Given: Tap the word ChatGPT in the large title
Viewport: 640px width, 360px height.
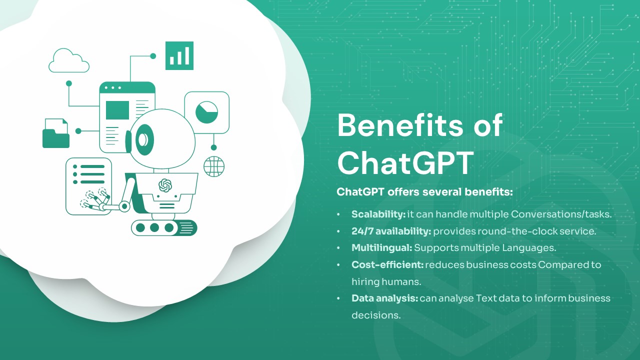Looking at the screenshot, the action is click(x=405, y=162).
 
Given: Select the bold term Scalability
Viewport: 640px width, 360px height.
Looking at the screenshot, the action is click(x=378, y=214).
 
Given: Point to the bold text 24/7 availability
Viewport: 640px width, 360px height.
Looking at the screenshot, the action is click(x=391, y=231).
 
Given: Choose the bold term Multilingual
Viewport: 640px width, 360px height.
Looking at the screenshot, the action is click(x=382, y=248).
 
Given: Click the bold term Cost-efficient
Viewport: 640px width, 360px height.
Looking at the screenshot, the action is click(x=387, y=265).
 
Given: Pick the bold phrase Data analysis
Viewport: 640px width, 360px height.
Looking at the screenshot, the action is click(x=385, y=298).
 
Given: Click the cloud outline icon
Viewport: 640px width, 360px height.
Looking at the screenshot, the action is click(x=69, y=60).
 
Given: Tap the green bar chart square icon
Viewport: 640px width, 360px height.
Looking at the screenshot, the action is click(x=179, y=55).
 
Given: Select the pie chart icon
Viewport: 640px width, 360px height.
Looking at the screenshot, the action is click(x=207, y=112).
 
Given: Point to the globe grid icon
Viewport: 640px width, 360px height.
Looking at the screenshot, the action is click(x=214, y=166).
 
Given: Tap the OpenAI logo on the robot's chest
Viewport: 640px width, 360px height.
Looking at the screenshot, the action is click(x=165, y=185).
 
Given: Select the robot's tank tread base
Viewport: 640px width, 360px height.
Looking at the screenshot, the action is click(x=164, y=227).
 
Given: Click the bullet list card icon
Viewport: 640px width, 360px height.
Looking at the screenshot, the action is click(x=88, y=186).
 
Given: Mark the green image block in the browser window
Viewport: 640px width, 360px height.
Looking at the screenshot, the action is click(x=117, y=110).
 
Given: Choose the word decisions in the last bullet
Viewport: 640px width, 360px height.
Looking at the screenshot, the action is click(x=376, y=315).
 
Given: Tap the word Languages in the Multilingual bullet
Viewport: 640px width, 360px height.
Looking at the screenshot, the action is click(x=529, y=248).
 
